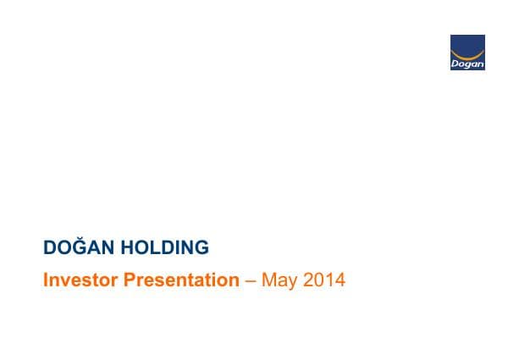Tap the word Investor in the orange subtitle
click(80, 280)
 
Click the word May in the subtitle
click(278, 280)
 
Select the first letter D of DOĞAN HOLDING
click(49, 248)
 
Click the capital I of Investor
click(46, 280)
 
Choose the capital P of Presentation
click(130, 280)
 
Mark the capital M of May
click(268, 280)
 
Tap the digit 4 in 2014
click(340, 280)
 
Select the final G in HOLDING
click(201, 248)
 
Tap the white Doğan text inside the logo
click(467, 62)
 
